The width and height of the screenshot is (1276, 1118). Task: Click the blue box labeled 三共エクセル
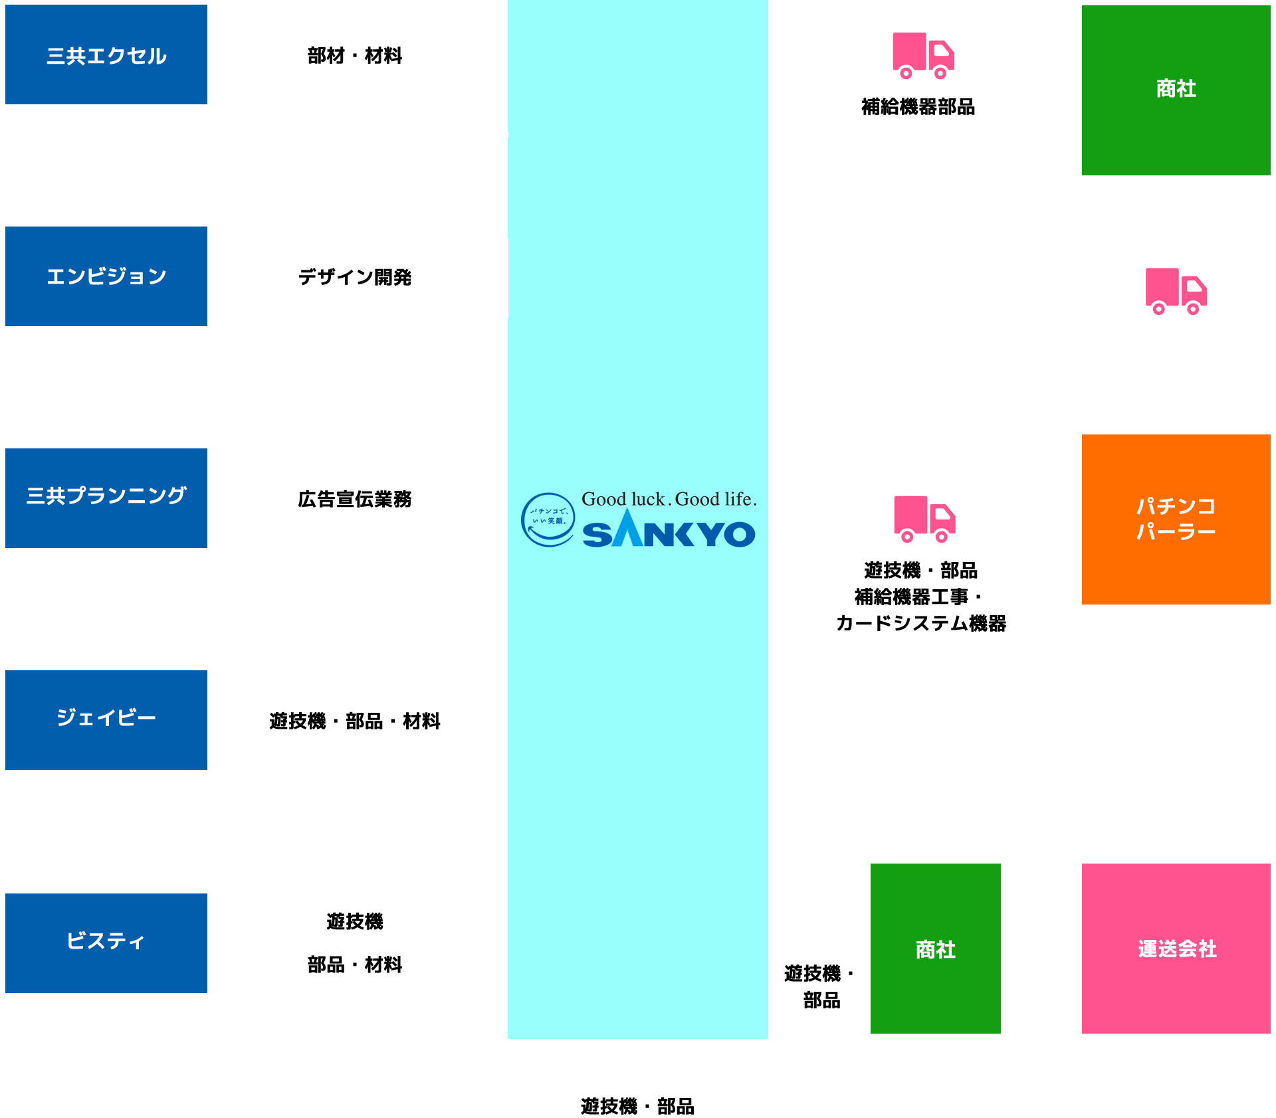pyautogui.click(x=106, y=54)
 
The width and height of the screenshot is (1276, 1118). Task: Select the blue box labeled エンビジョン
pyautogui.click(x=106, y=276)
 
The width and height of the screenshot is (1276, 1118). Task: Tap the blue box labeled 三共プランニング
pyautogui.click(x=106, y=498)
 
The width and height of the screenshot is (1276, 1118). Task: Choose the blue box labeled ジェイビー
pyautogui.click(x=106, y=720)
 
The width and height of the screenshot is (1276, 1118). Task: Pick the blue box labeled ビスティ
pyautogui.click(x=106, y=943)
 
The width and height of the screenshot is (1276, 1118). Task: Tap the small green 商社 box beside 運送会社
pyautogui.click(x=936, y=949)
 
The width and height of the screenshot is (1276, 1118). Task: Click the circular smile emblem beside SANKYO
pyautogui.click(x=548, y=519)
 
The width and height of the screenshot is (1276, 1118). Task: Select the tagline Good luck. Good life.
pyautogui.click(x=669, y=499)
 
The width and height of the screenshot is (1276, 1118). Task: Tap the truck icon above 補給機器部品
pyautogui.click(x=922, y=56)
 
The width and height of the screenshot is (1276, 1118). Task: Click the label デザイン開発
pyautogui.click(x=355, y=277)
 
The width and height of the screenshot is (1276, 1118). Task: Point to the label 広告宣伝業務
pyautogui.click(x=355, y=499)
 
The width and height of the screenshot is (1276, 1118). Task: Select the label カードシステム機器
pyautogui.click(x=921, y=623)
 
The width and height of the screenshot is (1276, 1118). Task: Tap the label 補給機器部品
pyautogui.click(x=918, y=106)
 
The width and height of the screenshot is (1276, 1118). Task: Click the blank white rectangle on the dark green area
pyautogui.click(x=981, y=292)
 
